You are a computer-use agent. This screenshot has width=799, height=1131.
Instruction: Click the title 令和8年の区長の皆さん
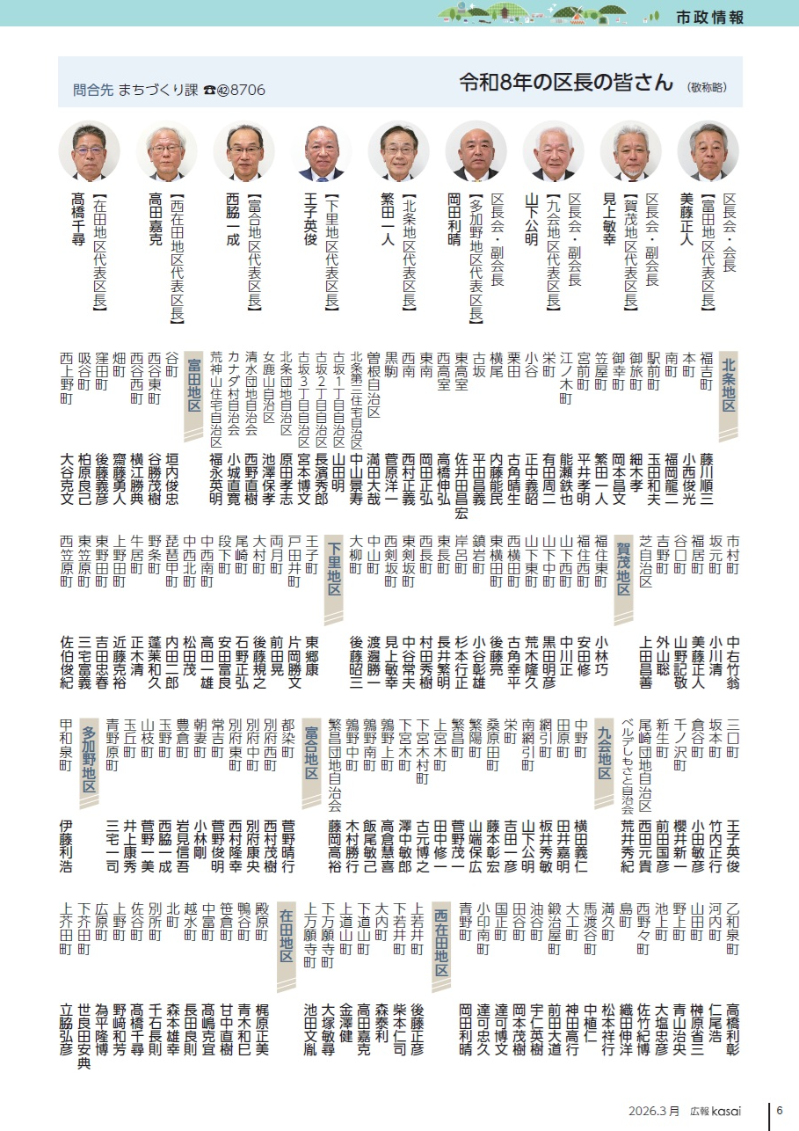click(x=567, y=83)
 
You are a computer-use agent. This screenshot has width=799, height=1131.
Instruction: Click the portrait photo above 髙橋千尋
click(x=89, y=150)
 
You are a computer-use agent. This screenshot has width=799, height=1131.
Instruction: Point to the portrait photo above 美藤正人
click(x=708, y=150)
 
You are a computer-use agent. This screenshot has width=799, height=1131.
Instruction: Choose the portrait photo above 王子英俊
click(x=322, y=150)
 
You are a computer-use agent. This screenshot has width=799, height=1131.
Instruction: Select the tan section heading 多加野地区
click(x=90, y=762)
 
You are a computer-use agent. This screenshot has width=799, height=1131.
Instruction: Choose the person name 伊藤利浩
click(x=66, y=845)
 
